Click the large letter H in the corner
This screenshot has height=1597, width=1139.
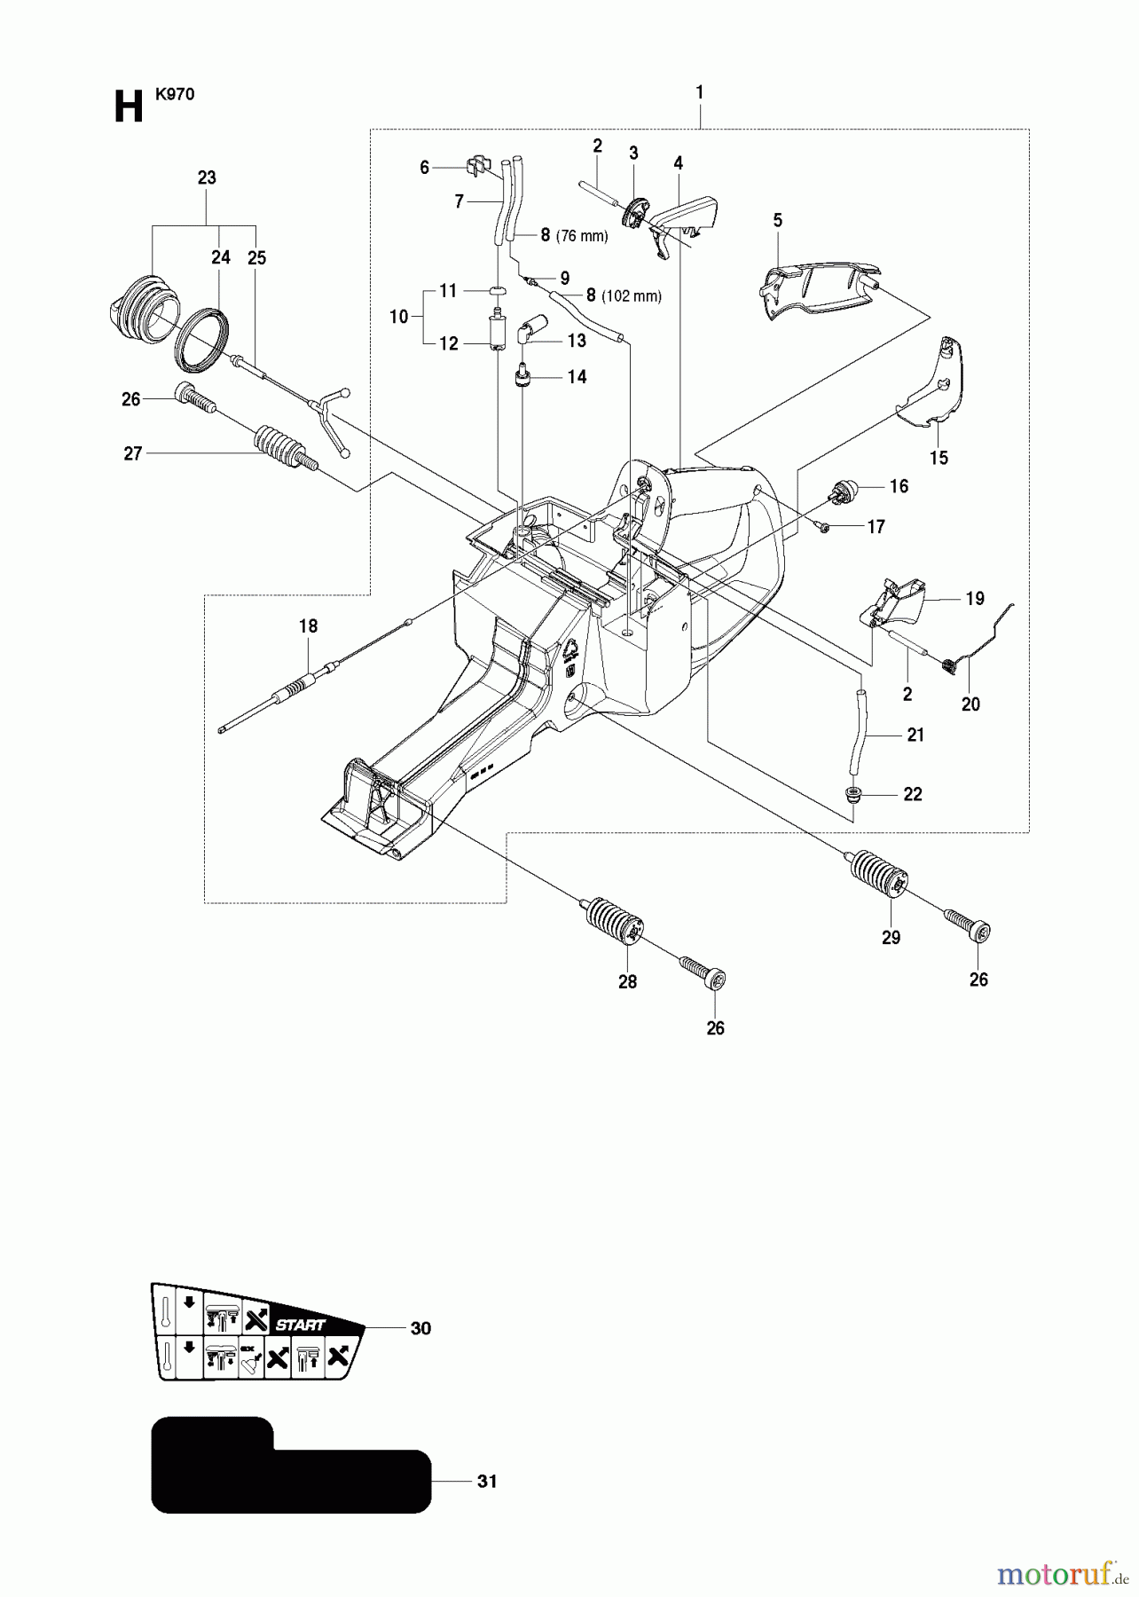[129, 108]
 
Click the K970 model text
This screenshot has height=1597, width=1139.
[175, 94]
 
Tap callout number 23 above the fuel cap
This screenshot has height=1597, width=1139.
[207, 178]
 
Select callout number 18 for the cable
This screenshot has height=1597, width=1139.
[308, 626]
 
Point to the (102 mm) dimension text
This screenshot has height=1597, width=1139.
[631, 296]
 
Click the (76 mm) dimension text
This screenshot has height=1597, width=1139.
[582, 236]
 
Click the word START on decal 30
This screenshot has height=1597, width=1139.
[300, 1325]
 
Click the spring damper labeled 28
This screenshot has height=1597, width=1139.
[615, 924]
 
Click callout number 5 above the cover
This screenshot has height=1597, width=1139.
[778, 221]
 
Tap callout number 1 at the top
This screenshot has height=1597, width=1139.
[700, 92]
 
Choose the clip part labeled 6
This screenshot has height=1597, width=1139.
[477, 165]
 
